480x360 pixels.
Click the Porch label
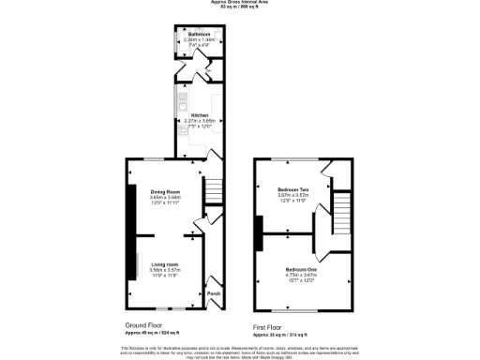214,293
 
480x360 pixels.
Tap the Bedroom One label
300,269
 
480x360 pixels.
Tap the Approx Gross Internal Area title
240,3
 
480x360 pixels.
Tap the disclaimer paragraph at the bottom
240,350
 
